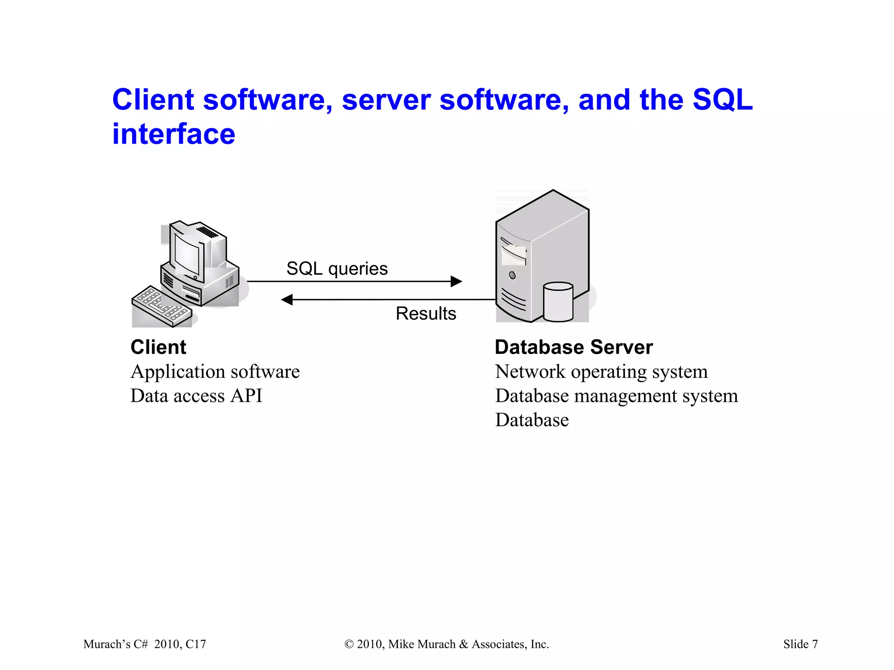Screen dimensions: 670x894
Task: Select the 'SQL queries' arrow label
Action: pyautogui.click(x=337, y=268)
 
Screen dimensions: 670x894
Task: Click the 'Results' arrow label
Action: pyautogui.click(x=426, y=313)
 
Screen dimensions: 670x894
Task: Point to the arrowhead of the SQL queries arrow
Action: pyautogui.click(x=457, y=281)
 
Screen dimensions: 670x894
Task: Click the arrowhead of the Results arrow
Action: pyautogui.click(x=287, y=300)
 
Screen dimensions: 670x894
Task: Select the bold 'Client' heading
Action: pyautogui.click(x=158, y=347)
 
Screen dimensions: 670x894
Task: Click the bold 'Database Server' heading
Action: pyautogui.click(x=574, y=347)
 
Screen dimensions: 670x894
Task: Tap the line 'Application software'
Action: pyautogui.click(x=215, y=372)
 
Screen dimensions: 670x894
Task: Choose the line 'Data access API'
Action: pyautogui.click(x=196, y=396)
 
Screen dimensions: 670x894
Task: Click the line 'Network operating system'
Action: pyautogui.click(x=601, y=372)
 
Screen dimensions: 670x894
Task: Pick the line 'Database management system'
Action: pyautogui.click(x=616, y=396)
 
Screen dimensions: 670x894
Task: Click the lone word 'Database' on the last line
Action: pyautogui.click(x=532, y=420)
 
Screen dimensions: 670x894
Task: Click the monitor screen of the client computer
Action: pyautogui.click(x=186, y=254)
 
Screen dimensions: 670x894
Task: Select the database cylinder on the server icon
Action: pyautogui.click(x=558, y=302)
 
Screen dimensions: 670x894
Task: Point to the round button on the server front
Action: pyautogui.click(x=512, y=275)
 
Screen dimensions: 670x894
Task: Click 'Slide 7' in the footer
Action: pyautogui.click(x=800, y=644)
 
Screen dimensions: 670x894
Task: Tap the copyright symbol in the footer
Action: pyautogui.click(x=349, y=644)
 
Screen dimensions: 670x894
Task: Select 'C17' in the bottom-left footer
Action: pyautogui.click(x=195, y=644)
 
